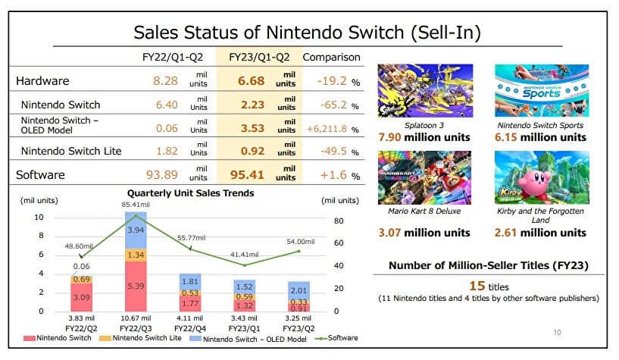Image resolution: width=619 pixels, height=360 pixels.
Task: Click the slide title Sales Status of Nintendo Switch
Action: click(x=307, y=32)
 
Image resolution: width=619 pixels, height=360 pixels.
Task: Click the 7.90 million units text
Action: click(x=424, y=137)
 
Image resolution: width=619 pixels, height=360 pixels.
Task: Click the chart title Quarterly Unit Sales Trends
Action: click(x=190, y=193)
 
